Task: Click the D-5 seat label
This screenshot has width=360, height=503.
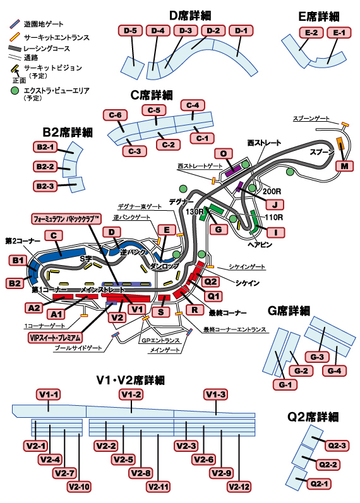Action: click(130, 31)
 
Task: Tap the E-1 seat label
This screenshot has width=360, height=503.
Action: click(339, 33)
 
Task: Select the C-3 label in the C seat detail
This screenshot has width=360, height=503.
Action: click(135, 151)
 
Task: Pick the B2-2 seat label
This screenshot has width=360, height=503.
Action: click(45, 167)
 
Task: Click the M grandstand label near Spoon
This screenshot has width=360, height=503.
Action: click(344, 166)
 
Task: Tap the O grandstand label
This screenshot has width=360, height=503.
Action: click(223, 154)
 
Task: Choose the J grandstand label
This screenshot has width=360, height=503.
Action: click(275, 204)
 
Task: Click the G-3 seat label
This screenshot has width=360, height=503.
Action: click(317, 357)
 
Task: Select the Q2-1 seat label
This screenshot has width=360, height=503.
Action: click(319, 484)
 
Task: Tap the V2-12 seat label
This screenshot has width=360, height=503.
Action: click(239, 487)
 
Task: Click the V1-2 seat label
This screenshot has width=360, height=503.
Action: click(131, 394)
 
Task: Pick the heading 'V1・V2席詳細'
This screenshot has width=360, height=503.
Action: click(131, 380)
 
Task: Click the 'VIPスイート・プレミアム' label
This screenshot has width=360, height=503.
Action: click(55, 338)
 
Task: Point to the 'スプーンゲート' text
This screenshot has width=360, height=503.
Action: click(311, 119)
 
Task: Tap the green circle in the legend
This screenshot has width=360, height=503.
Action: click(15, 91)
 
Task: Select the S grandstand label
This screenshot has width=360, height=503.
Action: click(161, 312)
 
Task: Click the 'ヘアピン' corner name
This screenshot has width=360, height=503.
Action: click(260, 245)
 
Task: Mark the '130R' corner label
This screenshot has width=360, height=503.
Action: click(195, 211)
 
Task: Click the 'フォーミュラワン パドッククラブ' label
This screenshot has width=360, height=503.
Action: click(66, 219)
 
